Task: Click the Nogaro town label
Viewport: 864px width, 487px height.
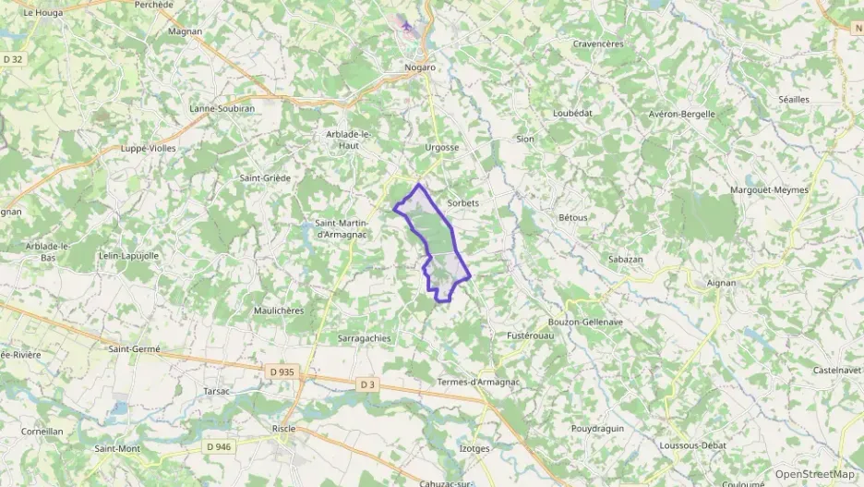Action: (x=420, y=67)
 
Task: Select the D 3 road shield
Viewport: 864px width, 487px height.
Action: (x=366, y=384)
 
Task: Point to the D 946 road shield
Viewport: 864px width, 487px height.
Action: (x=219, y=447)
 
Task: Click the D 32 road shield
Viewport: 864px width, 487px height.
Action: (x=12, y=59)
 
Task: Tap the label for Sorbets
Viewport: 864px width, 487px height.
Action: (x=462, y=202)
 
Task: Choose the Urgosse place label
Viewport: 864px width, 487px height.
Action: (x=441, y=147)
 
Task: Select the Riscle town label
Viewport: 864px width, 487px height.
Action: (x=283, y=429)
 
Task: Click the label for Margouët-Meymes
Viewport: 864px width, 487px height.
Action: (x=769, y=189)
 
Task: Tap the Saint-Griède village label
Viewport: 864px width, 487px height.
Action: (x=265, y=177)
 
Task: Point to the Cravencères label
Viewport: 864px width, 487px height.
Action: (x=598, y=43)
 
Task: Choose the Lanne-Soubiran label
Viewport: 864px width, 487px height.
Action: (x=221, y=107)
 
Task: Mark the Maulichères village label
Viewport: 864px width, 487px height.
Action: (x=279, y=310)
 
